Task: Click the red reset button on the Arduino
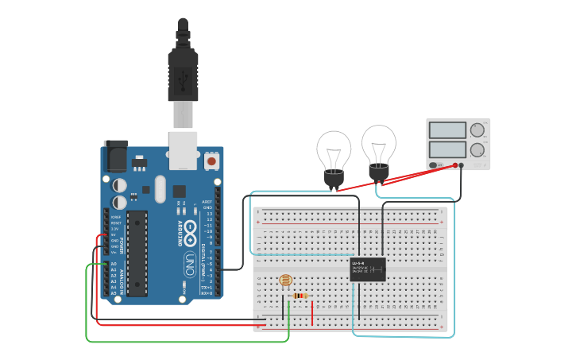(211, 161)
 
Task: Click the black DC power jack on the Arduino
(115, 156)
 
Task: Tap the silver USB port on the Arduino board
(184, 149)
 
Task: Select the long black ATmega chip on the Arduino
(137, 254)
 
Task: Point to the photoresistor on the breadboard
(285, 281)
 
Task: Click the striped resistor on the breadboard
(300, 296)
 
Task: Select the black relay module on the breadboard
(368, 269)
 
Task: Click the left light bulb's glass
(334, 149)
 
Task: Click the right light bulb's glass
(378, 143)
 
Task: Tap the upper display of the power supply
(446, 130)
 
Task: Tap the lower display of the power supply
(446, 149)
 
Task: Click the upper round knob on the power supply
(477, 130)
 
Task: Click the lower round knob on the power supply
(477, 149)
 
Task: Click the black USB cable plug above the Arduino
(184, 72)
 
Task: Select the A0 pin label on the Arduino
(113, 264)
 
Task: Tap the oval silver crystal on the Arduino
(160, 189)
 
